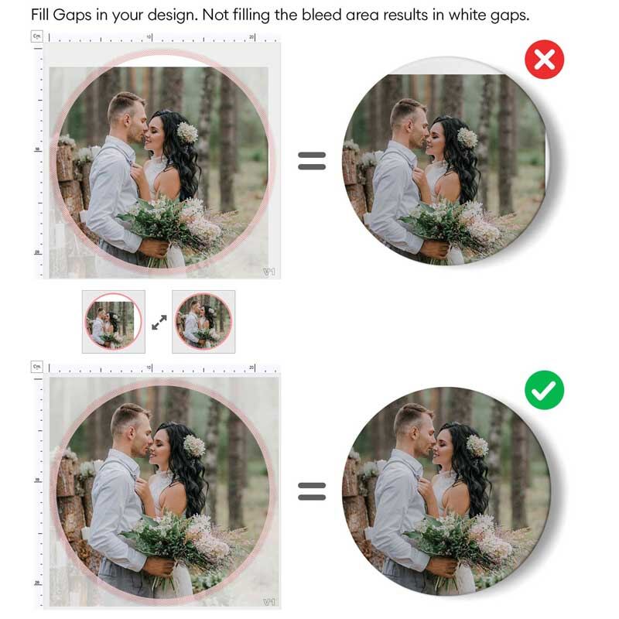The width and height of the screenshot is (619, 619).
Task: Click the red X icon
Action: tap(545, 60)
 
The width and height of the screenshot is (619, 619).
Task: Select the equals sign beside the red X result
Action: tap(312, 160)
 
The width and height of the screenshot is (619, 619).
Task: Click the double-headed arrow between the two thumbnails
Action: tap(159, 322)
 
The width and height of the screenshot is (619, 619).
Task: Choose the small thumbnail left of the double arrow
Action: tap(113, 321)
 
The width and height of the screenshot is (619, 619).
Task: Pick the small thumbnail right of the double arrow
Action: tap(203, 321)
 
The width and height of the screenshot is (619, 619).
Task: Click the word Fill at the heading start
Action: tap(43, 15)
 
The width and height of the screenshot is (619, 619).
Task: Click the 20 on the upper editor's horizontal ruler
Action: tap(252, 36)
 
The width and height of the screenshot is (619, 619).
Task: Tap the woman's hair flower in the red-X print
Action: tap(467, 137)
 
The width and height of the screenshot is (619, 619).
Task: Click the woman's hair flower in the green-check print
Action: tap(477, 445)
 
